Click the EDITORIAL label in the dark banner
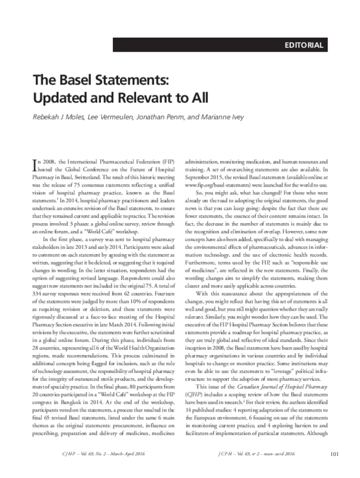click(304, 45)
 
